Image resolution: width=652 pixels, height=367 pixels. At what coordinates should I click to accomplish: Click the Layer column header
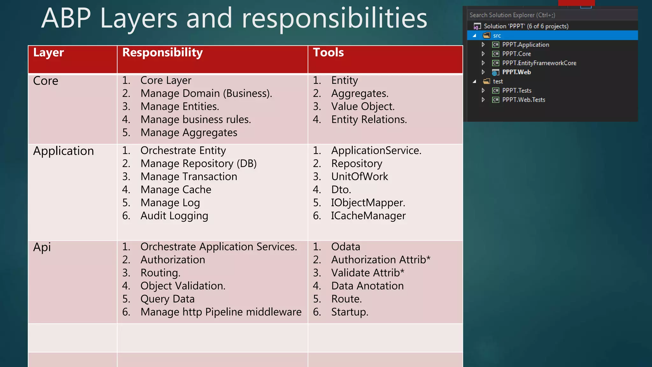(x=48, y=53)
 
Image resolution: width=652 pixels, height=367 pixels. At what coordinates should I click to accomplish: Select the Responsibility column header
(x=162, y=53)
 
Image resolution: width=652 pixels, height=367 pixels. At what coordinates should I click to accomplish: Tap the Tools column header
(x=328, y=53)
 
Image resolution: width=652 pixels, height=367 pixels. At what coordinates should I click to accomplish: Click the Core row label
(x=46, y=81)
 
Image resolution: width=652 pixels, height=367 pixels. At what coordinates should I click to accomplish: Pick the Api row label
(x=42, y=247)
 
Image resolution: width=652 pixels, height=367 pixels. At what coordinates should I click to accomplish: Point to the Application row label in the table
(x=63, y=151)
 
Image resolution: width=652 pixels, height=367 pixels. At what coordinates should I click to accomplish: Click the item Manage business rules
(x=195, y=119)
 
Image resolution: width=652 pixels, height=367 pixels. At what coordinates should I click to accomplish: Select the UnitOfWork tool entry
(x=359, y=176)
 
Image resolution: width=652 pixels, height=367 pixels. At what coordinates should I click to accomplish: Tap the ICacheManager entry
(x=368, y=216)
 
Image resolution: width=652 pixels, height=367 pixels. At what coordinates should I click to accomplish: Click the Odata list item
(x=345, y=247)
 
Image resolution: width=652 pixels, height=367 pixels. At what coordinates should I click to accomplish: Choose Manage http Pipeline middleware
(x=221, y=312)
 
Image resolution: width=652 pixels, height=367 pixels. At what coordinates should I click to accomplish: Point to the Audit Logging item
(x=174, y=216)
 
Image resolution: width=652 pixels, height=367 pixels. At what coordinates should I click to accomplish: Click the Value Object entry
(x=363, y=106)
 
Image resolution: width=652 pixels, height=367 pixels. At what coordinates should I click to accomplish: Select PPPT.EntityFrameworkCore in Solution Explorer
(x=539, y=63)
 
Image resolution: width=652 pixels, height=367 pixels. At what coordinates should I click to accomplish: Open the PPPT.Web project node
(x=516, y=72)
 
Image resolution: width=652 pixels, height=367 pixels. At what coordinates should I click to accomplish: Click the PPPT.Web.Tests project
(x=523, y=100)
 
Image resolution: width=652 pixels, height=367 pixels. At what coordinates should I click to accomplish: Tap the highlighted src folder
(x=497, y=36)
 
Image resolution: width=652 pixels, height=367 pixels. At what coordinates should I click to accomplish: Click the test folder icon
(x=486, y=82)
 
